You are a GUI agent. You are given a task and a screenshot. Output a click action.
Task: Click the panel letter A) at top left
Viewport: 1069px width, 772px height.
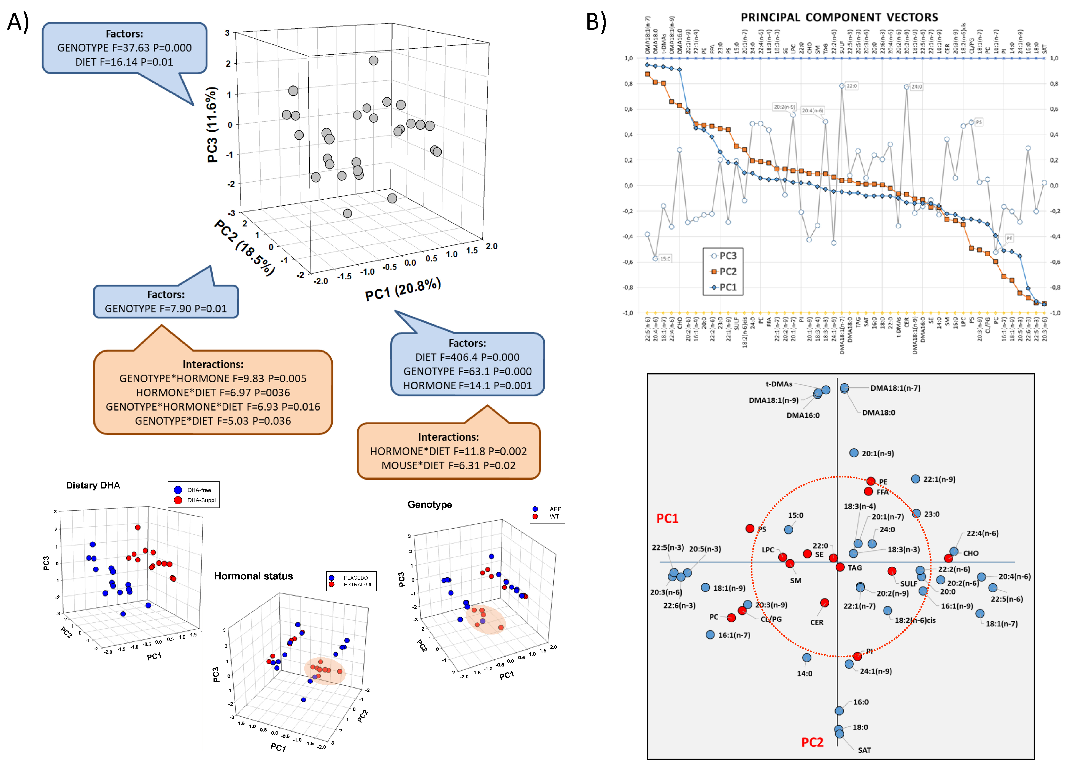click(18, 22)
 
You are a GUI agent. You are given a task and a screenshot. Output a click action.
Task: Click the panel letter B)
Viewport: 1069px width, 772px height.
click(596, 22)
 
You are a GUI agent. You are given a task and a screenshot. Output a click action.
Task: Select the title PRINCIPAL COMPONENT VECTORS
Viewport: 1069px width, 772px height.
click(839, 17)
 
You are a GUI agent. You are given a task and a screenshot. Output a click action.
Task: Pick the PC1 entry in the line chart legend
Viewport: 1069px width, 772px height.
click(724, 287)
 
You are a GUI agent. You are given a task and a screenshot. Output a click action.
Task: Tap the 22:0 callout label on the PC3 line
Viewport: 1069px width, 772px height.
click(851, 86)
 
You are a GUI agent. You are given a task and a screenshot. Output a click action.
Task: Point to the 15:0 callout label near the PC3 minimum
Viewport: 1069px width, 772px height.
click(665, 259)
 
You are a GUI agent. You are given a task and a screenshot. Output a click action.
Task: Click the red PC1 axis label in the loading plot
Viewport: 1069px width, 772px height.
click(667, 519)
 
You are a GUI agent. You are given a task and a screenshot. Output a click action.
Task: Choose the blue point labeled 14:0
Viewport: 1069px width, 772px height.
click(806, 657)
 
